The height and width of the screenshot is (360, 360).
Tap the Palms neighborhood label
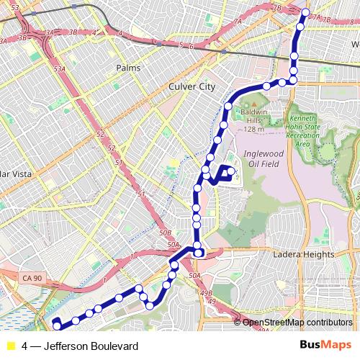coord(127,68)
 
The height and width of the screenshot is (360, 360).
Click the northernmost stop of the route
coord(305,13)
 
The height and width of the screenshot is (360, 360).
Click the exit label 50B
coord(166,233)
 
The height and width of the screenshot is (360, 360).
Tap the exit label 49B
coord(207,293)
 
